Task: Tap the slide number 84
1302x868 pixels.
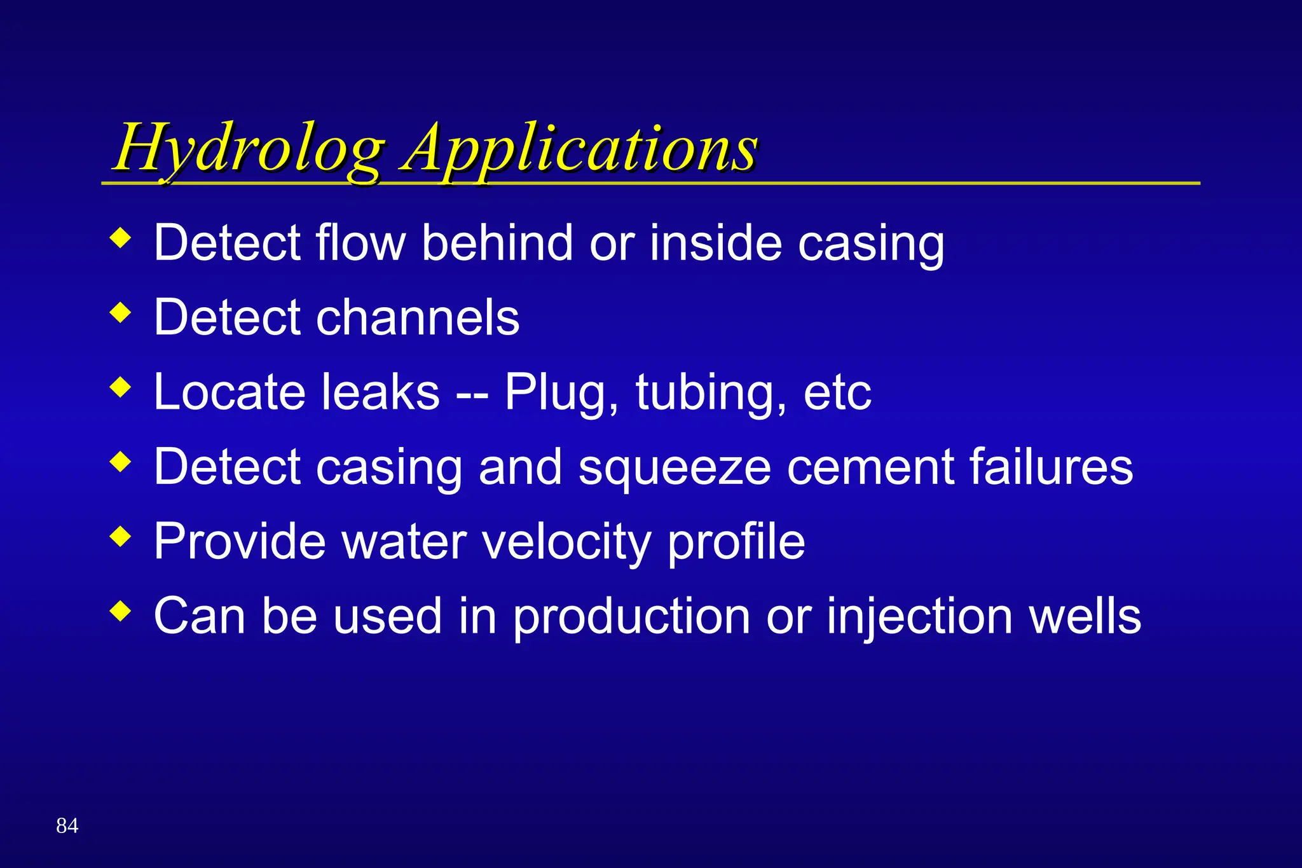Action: click(67, 825)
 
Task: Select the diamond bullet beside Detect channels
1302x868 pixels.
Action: click(120, 312)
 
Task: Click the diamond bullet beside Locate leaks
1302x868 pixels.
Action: click(120, 387)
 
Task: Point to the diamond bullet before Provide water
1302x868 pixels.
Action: click(120, 537)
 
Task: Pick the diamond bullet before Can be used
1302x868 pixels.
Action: click(120, 612)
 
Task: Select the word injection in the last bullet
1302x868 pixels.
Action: click(919, 617)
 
